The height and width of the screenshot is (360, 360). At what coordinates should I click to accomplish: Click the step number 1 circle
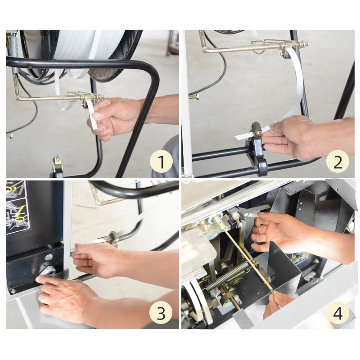[161, 162]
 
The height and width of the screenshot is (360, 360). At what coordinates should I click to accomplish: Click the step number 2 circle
[337, 162]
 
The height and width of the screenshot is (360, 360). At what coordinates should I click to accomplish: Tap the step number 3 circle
[161, 313]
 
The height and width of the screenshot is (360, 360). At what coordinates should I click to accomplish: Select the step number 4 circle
[337, 313]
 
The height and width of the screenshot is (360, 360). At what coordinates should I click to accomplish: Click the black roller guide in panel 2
[255, 129]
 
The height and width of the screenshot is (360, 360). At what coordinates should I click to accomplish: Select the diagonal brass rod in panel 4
[248, 258]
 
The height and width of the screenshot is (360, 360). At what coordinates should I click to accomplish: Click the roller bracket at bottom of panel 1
[58, 166]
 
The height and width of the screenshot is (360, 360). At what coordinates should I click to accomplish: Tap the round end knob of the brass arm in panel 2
[305, 43]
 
